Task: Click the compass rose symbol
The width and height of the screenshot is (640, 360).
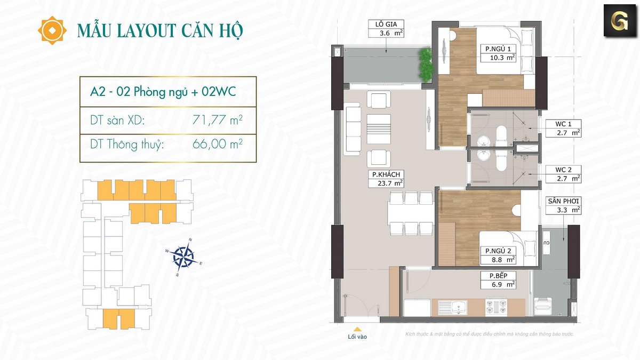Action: click(x=183, y=257)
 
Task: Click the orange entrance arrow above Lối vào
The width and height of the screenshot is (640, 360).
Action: click(x=357, y=329)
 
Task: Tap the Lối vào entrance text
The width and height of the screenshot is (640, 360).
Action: click(x=357, y=337)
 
